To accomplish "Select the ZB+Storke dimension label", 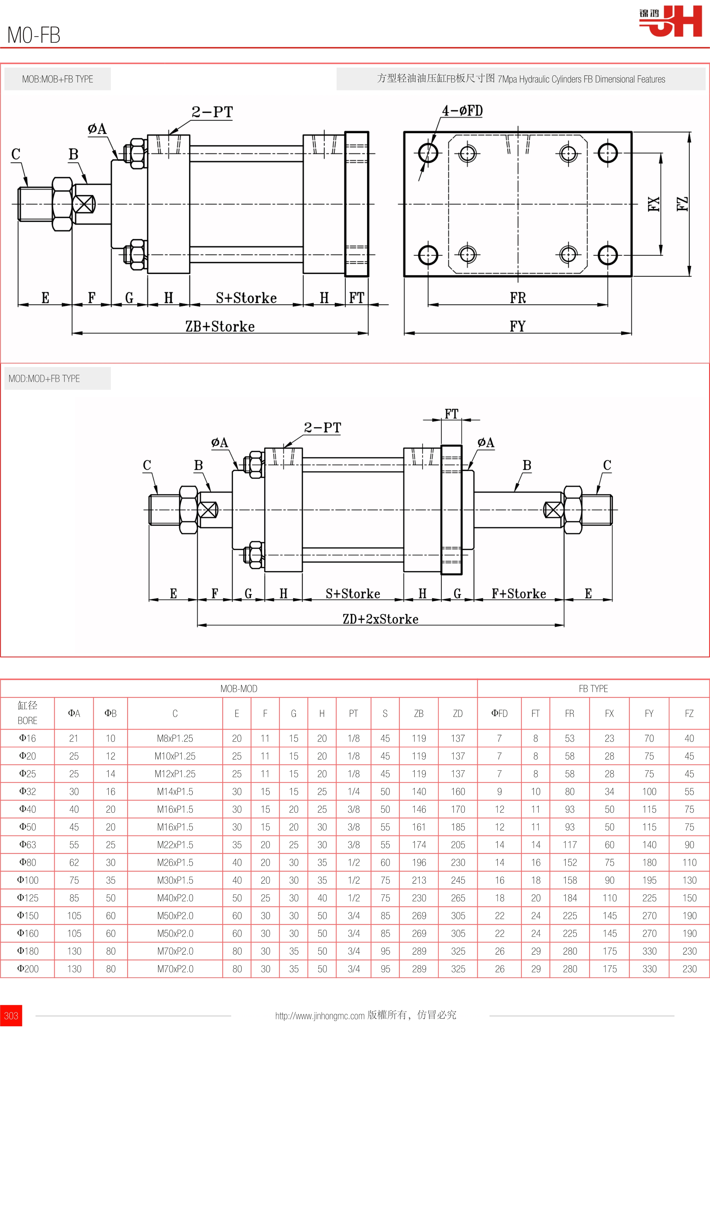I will pos(220,326).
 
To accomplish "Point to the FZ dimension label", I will pos(682,204).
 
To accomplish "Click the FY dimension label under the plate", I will pos(517,326).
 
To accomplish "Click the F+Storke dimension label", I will pos(519,594).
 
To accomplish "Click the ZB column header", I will pos(419,713).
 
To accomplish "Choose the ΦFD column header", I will pos(499,713).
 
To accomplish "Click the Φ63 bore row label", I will pos(27,845).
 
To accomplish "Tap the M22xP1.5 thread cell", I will pos(175,845).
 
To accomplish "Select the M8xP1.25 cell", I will pos(175,739).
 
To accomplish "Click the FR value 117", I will pos(570,845).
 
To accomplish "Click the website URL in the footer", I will pos(320,1016).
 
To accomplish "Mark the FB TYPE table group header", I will pos(593,689).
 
